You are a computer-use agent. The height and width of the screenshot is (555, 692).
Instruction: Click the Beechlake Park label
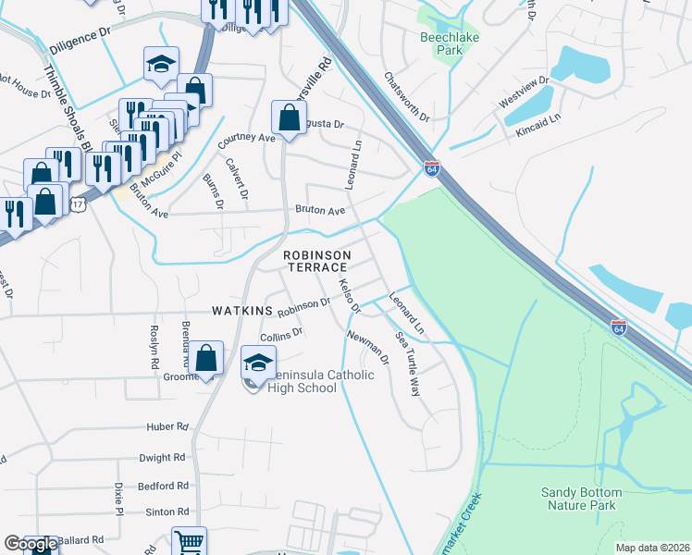pyautogui.click(x=441, y=43)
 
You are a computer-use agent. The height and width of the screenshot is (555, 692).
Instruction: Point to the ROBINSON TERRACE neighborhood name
pyautogui.click(x=317, y=261)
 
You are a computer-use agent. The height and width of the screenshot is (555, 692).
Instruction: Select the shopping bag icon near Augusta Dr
pyautogui.click(x=289, y=117)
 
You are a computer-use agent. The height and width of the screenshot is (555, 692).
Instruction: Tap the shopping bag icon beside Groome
pyautogui.click(x=209, y=358)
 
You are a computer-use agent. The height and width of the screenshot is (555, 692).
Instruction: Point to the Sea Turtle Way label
pyautogui.click(x=408, y=364)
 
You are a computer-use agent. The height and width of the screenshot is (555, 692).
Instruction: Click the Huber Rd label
pyautogui.click(x=167, y=427)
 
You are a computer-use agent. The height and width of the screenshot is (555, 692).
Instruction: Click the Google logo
pyautogui.click(x=31, y=544)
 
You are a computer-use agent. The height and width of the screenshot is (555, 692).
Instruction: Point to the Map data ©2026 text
pyautogui.click(x=652, y=548)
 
